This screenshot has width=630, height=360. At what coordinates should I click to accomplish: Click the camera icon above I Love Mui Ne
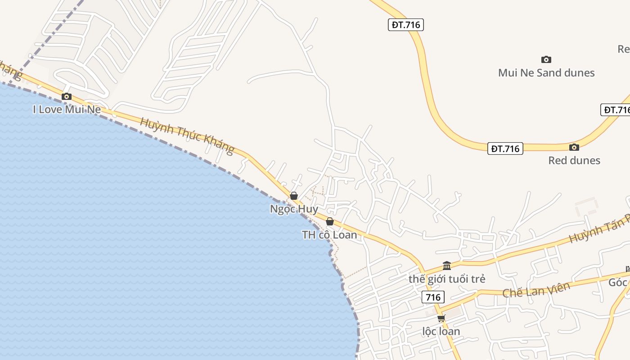coord(67,96)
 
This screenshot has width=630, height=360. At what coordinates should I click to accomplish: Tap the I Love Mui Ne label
coord(67,109)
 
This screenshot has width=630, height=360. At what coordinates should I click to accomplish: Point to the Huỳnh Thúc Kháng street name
coord(187,135)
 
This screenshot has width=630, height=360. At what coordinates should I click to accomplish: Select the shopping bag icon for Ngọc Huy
coord(294,196)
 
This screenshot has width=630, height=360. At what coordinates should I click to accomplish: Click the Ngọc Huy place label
coord(294,209)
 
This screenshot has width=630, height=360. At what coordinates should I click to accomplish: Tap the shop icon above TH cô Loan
coord(330,221)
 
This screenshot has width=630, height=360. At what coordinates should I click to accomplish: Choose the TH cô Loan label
coord(330,234)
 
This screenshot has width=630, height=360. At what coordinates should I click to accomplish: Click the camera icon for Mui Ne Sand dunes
coord(546,59)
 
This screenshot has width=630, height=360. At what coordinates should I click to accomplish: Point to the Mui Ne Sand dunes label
coord(546,73)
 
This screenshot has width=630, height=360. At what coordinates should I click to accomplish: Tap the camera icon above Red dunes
coord(574,147)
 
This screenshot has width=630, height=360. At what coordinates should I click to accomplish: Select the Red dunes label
coord(574,160)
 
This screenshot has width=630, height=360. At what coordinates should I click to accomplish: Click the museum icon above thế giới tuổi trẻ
coord(447,265)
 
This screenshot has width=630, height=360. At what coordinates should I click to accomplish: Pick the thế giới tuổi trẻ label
coord(447,279)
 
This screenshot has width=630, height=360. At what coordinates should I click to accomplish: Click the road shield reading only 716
coord(433,297)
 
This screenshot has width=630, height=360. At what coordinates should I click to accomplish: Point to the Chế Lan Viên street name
coord(536,289)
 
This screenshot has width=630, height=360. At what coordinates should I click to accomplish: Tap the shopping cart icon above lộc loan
coord(441,318)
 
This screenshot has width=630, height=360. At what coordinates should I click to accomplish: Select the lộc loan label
coord(441,332)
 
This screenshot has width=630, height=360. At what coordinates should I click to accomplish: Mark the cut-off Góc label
coord(618,283)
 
